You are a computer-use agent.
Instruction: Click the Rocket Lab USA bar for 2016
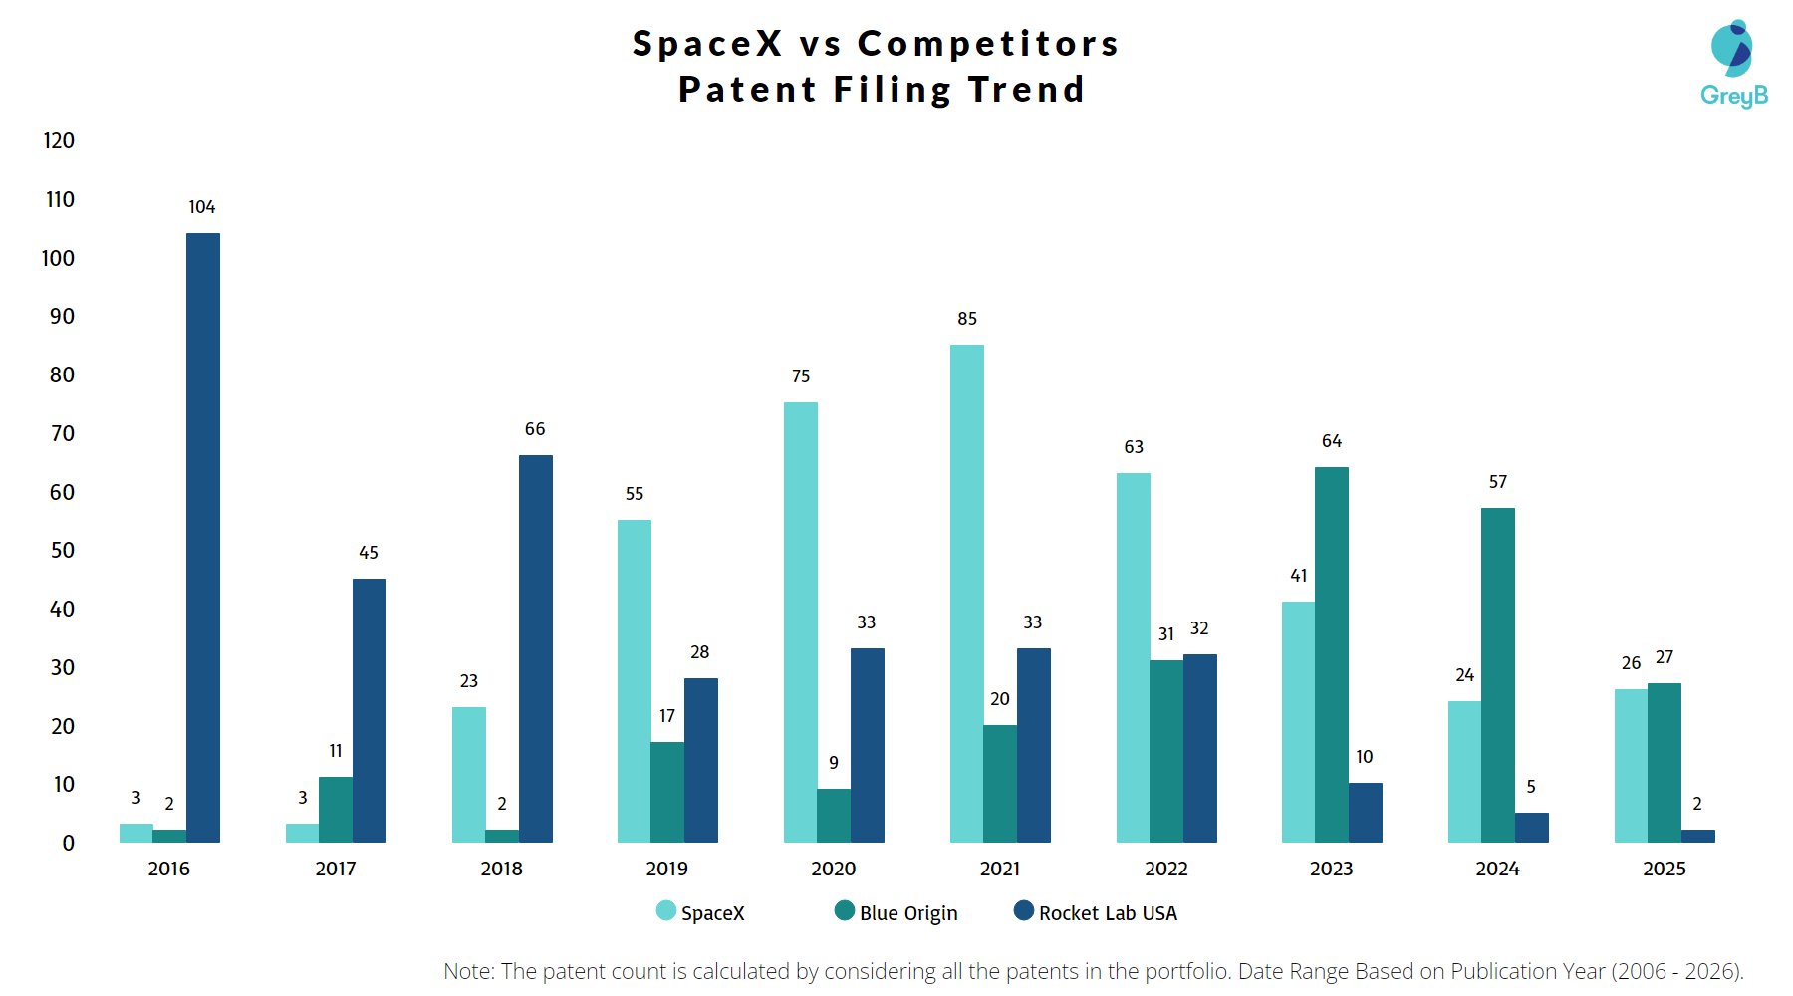tap(203, 538)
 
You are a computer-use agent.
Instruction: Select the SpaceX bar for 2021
tap(966, 594)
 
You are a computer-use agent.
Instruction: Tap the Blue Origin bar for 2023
tap(1332, 654)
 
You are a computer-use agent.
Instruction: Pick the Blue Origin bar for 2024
tap(1498, 675)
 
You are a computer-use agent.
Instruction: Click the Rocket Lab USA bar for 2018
tap(535, 648)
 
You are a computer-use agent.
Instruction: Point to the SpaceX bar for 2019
tap(635, 681)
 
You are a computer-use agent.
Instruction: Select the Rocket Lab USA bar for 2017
tap(370, 710)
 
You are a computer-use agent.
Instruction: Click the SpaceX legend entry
tap(701, 912)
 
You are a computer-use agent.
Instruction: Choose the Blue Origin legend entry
tap(896, 912)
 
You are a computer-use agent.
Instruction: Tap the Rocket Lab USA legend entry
tap(1096, 912)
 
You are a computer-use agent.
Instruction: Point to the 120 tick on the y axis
tap(59, 141)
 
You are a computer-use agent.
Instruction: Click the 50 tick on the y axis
tap(62, 551)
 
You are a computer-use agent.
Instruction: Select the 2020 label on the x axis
tap(834, 869)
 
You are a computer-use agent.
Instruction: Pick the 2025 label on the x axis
tap(1665, 869)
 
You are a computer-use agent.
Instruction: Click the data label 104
tap(202, 207)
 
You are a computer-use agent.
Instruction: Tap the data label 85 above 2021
tap(967, 319)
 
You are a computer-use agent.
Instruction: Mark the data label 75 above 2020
tap(801, 376)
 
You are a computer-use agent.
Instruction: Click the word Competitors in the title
tap(988, 44)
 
